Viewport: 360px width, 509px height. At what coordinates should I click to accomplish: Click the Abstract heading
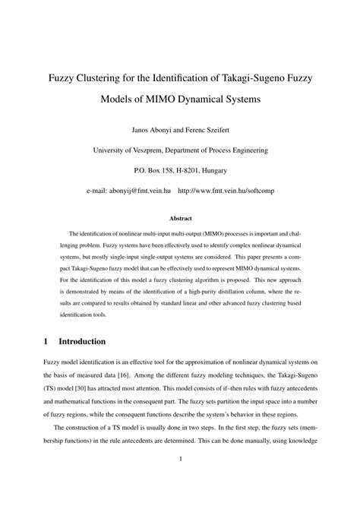pos(180,219)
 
